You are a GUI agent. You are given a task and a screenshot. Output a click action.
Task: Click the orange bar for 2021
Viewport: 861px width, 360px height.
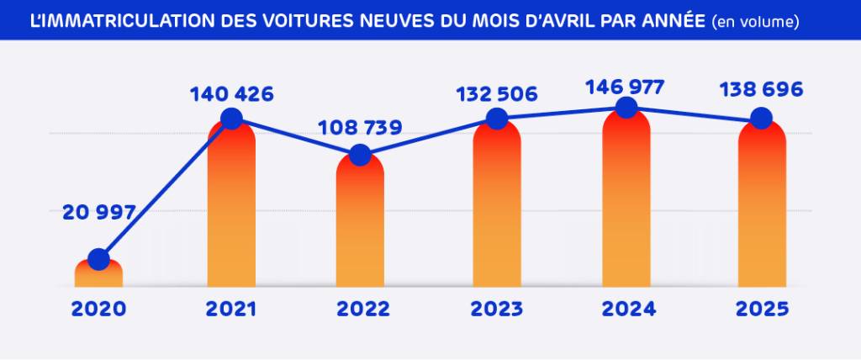click(231, 210)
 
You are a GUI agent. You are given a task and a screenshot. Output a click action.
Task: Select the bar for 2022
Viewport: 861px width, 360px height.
click(360, 227)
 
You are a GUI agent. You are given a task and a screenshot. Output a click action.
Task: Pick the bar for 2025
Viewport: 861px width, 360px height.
click(762, 210)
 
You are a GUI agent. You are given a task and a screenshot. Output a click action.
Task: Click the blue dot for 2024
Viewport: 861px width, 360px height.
click(625, 107)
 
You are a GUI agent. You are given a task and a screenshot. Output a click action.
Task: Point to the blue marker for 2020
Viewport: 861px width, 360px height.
click(98, 259)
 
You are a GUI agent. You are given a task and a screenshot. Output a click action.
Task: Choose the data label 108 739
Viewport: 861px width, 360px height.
click(360, 129)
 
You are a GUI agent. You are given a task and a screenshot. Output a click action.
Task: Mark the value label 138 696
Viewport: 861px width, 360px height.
click(762, 90)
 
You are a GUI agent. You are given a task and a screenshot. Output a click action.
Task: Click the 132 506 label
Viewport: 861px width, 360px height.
click(497, 94)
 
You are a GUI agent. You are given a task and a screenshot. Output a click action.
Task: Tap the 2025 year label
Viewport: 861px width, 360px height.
click(762, 309)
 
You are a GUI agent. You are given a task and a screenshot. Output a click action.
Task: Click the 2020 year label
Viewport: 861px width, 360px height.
click(98, 309)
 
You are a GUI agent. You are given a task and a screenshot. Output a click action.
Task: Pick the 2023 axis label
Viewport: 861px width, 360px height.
click(497, 309)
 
